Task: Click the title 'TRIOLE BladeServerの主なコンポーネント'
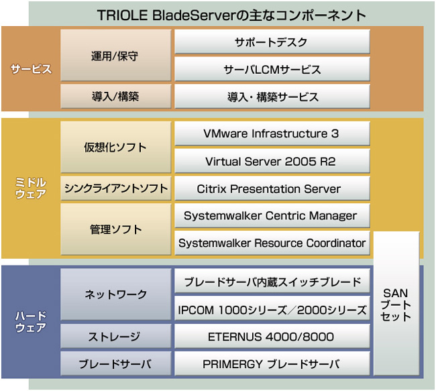click(231, 14)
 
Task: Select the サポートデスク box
click(272, 42)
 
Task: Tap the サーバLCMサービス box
click(272, 69)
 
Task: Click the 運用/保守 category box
click(115, 56)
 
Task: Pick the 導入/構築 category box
click(115, 97)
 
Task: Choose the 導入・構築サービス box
click(272, 97)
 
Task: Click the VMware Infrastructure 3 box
click(272, 133)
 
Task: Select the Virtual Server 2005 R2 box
click(272, 161)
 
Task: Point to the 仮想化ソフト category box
click(115, 147)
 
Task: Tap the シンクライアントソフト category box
click(115, 188)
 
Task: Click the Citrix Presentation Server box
click(272, 188)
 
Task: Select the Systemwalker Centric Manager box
click(272, 216)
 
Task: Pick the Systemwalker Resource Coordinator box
click(272, 243)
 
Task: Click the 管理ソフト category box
click(115, 229)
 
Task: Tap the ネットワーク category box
click(115, 294)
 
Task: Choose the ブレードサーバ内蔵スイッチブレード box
click(272, 282)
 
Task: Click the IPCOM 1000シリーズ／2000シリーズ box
click(272, 309)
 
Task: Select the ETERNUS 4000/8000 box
click(272, 337)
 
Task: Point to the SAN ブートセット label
click(396, 304)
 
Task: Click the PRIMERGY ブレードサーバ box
click(272, 364)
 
